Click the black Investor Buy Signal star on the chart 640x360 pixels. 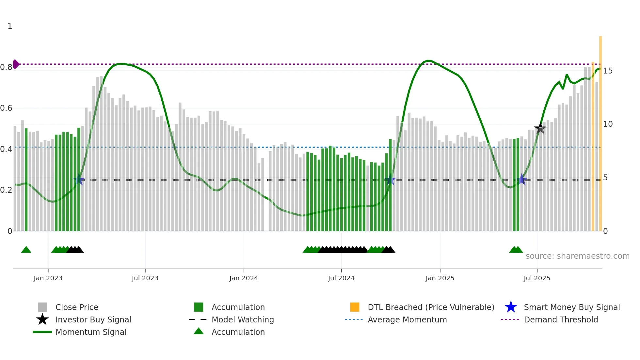click(x=540, y=128)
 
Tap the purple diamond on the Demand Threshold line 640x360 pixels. click(x=16, y=64)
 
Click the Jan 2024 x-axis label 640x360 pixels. click(x=244, y=278)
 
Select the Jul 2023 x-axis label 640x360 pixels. click(x=145, y=278)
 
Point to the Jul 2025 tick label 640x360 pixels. click(x=537, y=278)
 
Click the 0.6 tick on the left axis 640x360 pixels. click(x=7, y=108)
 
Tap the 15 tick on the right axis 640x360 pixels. click(x=608, y=71)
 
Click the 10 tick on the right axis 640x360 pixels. click(x=608, y=124)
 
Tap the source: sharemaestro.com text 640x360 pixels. click(x=577, y=256)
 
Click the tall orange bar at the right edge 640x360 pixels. click(x=600, y=131)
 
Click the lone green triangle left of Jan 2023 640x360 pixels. click(x=26, y=250)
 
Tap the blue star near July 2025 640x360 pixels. click(x=522, y=180)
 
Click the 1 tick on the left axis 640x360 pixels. click(x=10, y=26)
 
